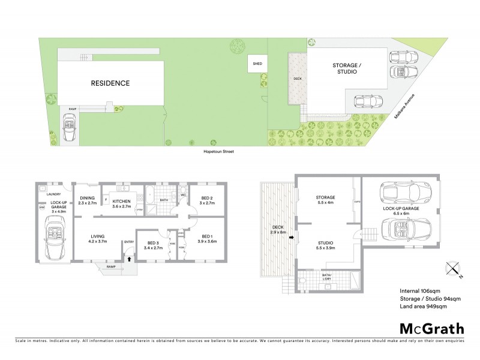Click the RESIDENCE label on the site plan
point(110,83)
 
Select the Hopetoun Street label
point(218,152)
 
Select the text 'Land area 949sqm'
point(423,307)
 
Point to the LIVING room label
point(98,238)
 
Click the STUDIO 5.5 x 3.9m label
point(326,245)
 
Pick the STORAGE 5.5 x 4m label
point(325,200)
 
